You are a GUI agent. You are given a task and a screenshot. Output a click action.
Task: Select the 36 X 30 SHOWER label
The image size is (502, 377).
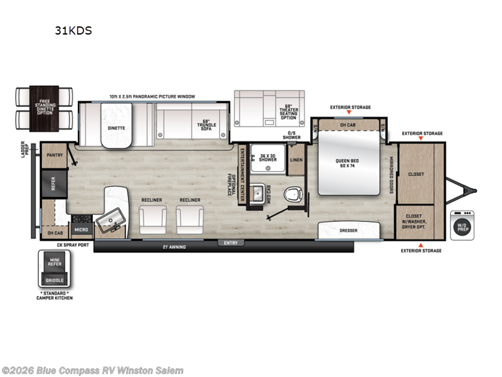[x=269, y=159]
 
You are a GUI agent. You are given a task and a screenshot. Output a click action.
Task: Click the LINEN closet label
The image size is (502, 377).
[x=297, y=160]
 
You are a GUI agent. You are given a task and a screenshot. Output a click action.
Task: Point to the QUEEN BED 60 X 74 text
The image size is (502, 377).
[x=346, y=163]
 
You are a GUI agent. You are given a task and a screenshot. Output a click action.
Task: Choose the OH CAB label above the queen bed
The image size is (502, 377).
[x=346, y=124]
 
